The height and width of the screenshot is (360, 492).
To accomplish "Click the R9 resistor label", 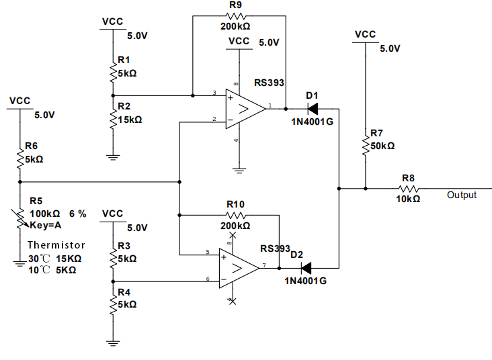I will (x=235, y=5).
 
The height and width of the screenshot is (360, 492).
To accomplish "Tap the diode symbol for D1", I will (x=313, y=109).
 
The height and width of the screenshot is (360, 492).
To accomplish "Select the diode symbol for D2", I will (x=306, y=267).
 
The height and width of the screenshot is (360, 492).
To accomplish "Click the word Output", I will (x=462, y=195).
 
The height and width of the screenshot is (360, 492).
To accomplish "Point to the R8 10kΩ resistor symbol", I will (x=408, y=189).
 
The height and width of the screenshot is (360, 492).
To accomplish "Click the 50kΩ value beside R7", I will (x=382, y=146).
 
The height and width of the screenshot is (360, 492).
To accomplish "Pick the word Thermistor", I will (x=56, y=245).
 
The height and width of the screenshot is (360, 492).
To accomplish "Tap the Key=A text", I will (x=45, y=226).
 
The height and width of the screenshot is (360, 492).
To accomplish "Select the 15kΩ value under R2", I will (x=130, y=120).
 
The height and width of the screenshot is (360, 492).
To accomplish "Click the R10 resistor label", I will (x=235, y=204).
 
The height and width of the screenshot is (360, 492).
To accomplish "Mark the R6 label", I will (x=32, y=146).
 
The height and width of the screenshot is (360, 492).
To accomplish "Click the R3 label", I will (x=124, y=245).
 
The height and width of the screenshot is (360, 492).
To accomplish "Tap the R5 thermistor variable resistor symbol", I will (x=20, y=217).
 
